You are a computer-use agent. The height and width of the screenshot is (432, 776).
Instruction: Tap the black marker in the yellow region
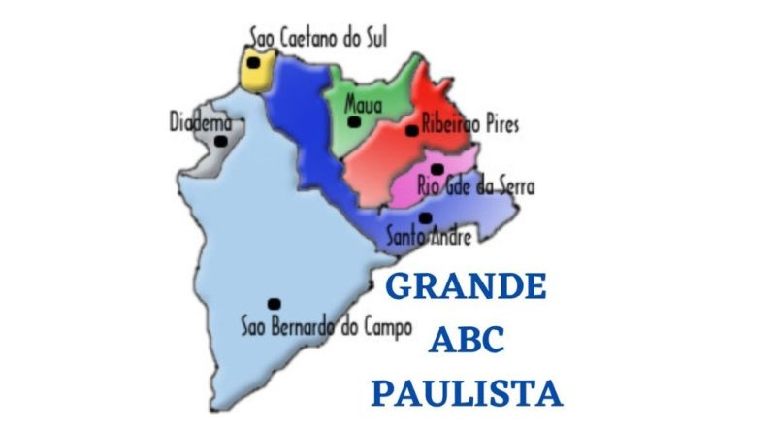[253, 63]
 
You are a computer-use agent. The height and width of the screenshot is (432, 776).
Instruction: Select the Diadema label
[201, 123]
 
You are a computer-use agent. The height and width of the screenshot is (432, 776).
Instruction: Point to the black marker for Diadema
[221, 141]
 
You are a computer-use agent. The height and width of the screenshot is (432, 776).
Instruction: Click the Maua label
[364, 104]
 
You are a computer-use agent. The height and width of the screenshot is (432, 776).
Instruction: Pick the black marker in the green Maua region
[354, 122]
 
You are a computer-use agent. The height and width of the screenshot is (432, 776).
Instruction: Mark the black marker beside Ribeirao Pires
[411, 130]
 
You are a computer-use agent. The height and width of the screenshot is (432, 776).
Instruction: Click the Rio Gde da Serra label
[475, 186]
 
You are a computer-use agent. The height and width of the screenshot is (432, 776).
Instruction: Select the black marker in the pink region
[436, 169]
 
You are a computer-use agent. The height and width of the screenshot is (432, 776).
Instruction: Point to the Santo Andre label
[429, 236]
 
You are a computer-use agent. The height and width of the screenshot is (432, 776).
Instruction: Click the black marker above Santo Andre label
[425, 218]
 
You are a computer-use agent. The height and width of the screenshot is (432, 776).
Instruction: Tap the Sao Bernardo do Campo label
[327, 327]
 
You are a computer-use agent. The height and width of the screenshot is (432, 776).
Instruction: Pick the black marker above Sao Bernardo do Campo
[274, 304]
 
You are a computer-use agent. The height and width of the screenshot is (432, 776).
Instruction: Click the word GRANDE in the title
[467, 287]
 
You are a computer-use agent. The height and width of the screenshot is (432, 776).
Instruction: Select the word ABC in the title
[467, 341]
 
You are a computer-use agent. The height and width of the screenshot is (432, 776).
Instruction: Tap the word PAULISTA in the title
[467, 393]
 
